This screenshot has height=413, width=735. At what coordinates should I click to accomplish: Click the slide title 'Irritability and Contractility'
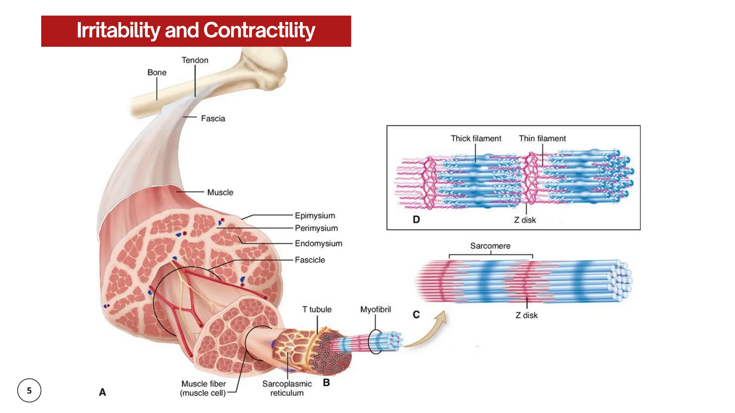coord(196,30)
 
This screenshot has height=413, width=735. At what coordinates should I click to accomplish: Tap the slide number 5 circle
coord(29,390)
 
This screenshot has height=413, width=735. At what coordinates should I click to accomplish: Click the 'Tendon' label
coord(195,60)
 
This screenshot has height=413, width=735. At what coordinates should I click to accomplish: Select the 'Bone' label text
coord(157,72)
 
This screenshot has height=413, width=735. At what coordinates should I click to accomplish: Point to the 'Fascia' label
coord(213,119)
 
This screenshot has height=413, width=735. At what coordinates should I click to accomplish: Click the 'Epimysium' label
coord(315,215)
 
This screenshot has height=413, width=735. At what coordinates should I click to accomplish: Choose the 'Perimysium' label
coord(316,228)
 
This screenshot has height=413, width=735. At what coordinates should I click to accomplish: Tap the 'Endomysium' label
coord(318,243)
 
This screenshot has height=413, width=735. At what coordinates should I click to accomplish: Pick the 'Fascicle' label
coord(310,260)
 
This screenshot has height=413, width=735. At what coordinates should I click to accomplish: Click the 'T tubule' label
coord(317,309)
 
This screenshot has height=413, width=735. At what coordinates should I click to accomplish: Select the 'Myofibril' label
coord(375,309)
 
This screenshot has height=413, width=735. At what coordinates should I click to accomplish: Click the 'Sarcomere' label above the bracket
coord(490,246)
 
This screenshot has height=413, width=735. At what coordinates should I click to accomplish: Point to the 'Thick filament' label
coord(476,138)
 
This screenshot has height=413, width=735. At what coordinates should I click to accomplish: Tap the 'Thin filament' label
coord(542,138)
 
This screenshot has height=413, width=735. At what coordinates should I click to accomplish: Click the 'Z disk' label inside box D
coord(525,220)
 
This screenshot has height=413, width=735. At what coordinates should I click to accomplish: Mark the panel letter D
coord(416,219)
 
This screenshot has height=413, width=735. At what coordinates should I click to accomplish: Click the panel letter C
coord(416,315)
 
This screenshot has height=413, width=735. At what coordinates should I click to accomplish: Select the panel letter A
coord(102,392)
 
